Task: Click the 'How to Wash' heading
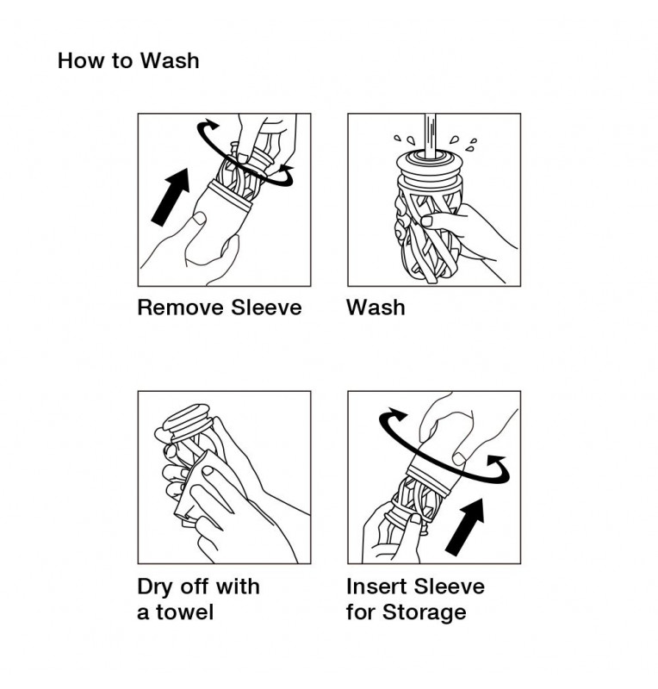[x=128, y=60]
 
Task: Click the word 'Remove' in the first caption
[x=181, y=307]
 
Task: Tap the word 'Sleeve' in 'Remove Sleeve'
[x=266, y=307]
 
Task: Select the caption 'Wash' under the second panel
[x=376, y=307]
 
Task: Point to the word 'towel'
[x=184, y=611]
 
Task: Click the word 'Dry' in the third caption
[x=155, y=587]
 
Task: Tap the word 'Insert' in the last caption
[x=376, y=587]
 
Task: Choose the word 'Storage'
[x=424, y=612]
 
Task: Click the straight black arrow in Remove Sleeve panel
[x=171, y=197]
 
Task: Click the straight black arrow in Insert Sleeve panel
[x=465, y=527]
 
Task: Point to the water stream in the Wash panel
[x=431, y=135]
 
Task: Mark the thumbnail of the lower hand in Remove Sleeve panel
[x=200, y=218]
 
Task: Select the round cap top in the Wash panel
[x=430, y=161]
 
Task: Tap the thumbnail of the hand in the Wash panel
[x=426, y=220]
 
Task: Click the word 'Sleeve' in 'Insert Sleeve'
[x=450, y=587]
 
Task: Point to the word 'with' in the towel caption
[x=238, y=587]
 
